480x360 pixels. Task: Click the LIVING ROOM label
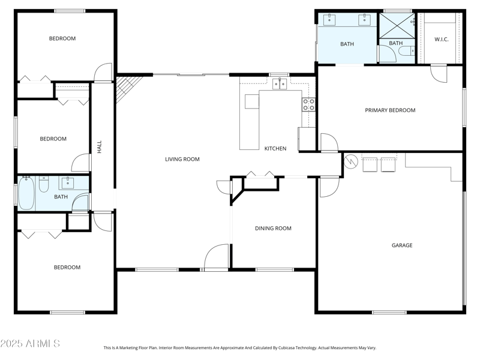click(182, 159)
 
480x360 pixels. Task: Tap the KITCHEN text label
click(275, 148)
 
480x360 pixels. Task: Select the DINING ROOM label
click(273, 228)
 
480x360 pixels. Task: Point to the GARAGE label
click(402, 245)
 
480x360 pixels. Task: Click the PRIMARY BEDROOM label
click(390, 110)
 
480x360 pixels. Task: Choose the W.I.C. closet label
click(442, 40)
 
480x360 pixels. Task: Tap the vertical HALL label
click(100, 147)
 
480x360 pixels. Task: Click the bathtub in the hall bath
click(26, 194)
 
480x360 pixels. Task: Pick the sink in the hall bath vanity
click(67, 182)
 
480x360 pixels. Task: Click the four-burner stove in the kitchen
click(308, 104)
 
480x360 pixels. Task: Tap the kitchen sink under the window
click(280, 84)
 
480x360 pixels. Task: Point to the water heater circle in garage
click(351, 161)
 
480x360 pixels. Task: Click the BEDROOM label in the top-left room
click(62, 38)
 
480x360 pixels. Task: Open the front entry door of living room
click(217, 258)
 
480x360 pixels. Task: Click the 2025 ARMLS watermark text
click(30, 344)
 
